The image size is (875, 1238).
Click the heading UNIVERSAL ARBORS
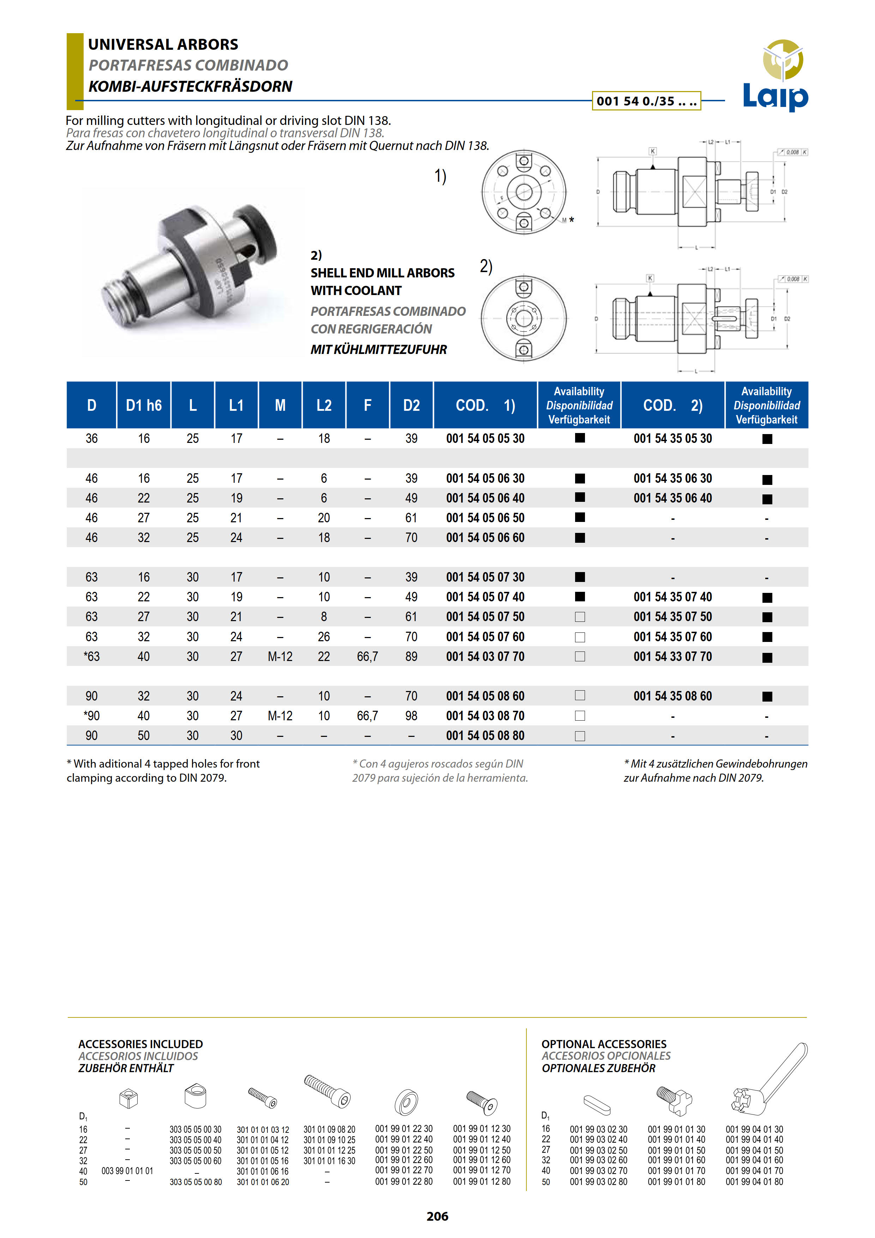(163, 44)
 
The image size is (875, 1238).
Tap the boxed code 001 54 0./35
(646, 101)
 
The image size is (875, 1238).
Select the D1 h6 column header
(143, 405)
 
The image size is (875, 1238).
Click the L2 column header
(324, 405)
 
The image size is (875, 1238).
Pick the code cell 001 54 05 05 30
(485, 438)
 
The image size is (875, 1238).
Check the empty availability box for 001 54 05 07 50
(580, 617)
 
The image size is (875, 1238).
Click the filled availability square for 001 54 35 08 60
(767, 697)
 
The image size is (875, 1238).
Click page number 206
(437, 1216)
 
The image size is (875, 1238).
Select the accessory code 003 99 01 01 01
(127, 1171)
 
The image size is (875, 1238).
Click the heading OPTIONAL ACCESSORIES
(604, 1044)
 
